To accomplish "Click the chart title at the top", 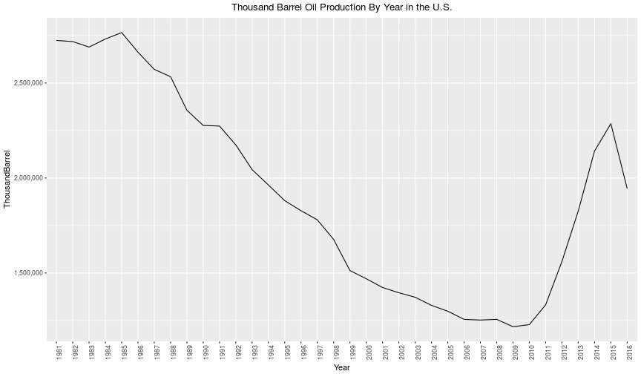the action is [342, 7].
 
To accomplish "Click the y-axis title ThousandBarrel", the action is [7, 179].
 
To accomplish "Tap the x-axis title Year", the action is [342, 367].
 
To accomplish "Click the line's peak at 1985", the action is [122, 33].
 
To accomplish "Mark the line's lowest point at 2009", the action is [513, 327].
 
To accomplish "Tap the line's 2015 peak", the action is [611, 123].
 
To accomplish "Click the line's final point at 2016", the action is [627, 188].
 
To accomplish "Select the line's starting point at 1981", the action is [56, 41].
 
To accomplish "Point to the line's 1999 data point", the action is [350, 271].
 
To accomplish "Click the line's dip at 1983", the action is [89, 47].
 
